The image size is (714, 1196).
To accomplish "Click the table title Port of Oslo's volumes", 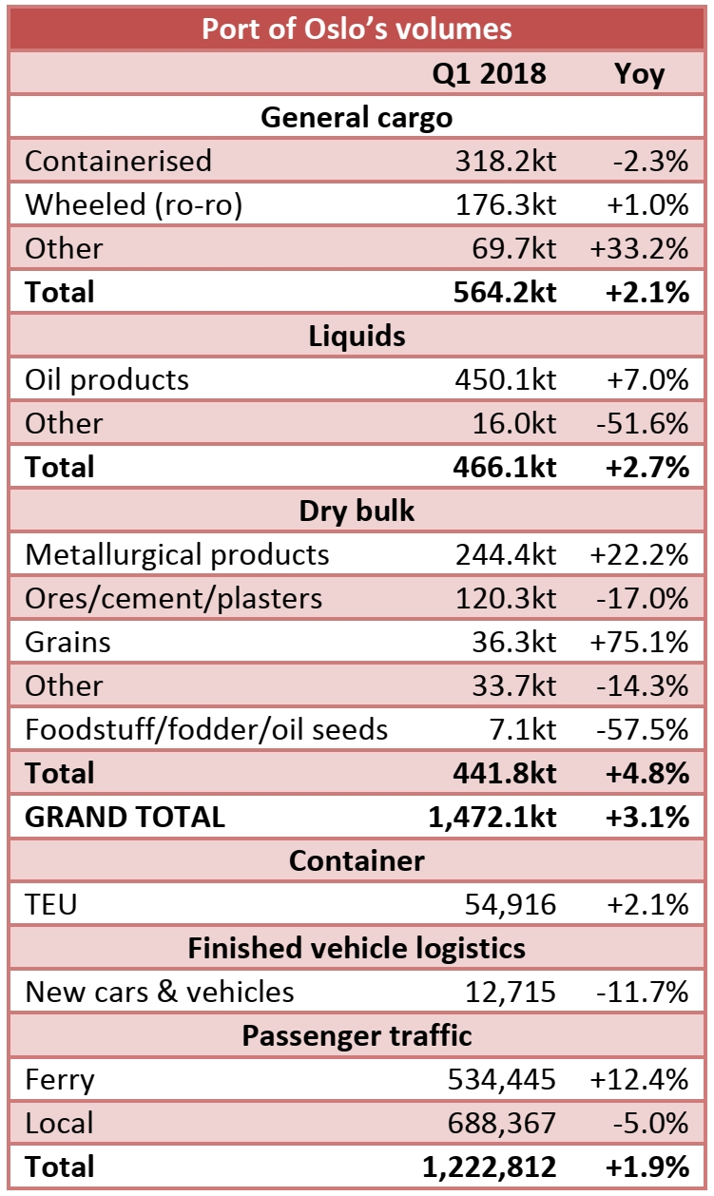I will pos(357,29).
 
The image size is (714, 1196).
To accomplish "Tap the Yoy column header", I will pos(639,73).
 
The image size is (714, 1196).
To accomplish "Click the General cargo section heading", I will pos(357,117).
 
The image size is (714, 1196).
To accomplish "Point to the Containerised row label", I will pos(118,161).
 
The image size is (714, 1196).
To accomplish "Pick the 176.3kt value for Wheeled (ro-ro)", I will pos(504,204).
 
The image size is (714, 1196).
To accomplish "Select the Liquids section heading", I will pos(357,336).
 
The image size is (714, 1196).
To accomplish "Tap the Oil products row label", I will pos(106,379).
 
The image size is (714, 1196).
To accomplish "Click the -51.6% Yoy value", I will pos(639,423).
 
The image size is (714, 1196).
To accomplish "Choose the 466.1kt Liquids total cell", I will pos(504,467).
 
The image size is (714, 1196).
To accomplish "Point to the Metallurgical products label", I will pos(177,554).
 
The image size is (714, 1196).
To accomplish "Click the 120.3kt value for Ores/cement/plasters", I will pos(504,598).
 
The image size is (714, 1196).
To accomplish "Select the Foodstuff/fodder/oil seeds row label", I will pos(206,729).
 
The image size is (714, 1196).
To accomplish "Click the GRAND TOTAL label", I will pos(125,817).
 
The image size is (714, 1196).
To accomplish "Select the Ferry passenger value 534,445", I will pos(501,1079).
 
